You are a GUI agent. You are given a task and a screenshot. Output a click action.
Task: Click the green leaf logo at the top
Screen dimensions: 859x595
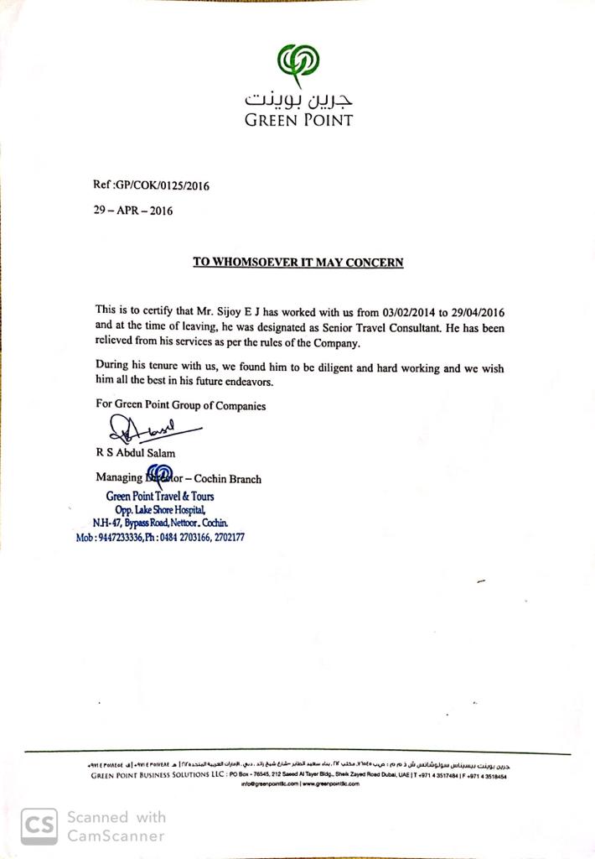point(297,64)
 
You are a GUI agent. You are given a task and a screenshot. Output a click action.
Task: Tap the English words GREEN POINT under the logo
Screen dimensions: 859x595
point(298,120)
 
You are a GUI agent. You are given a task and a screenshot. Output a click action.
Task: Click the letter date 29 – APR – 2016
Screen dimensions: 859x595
point(133,211)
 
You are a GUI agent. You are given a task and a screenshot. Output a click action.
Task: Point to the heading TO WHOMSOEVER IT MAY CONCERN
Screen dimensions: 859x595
point(298,262)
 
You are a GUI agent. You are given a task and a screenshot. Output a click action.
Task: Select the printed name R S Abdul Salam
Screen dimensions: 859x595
point(136,454)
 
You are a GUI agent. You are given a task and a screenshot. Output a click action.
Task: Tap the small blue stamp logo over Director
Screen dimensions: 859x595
point(159,476)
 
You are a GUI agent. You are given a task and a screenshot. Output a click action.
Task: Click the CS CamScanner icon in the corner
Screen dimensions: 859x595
point(39,825)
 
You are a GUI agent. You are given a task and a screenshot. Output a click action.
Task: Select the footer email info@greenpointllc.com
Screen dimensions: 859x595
point(270,784)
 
